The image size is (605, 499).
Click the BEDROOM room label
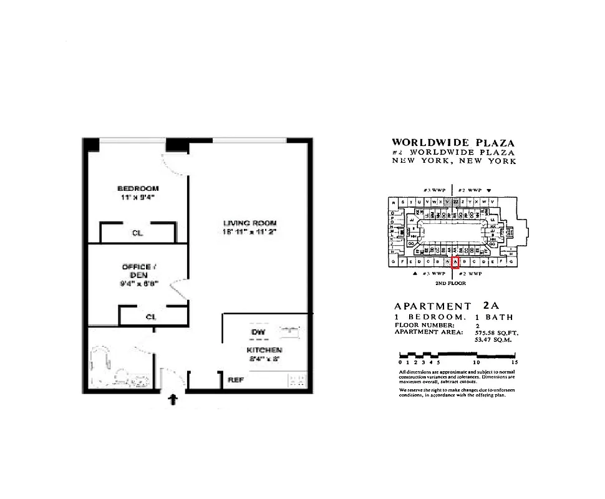click(138, 188)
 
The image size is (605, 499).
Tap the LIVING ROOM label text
click(250, 223)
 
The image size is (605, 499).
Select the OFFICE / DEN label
click(137, 271)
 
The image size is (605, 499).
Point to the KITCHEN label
click(264, 350)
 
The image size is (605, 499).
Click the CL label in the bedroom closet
click(137, 233)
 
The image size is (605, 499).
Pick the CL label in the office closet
click(150, 317)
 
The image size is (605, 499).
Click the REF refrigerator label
click(236, 379)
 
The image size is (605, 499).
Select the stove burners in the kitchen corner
click(296, 379)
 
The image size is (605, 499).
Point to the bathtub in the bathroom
click(101, 367)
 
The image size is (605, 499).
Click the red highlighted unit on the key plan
click(455, 263)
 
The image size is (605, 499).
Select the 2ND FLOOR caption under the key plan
click(450, 283)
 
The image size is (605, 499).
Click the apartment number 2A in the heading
click(491, 306)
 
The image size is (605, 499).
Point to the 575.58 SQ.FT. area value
click(496, 332)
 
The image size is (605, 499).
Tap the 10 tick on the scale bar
click(477, 362)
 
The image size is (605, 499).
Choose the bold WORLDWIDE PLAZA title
click(453, 143)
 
